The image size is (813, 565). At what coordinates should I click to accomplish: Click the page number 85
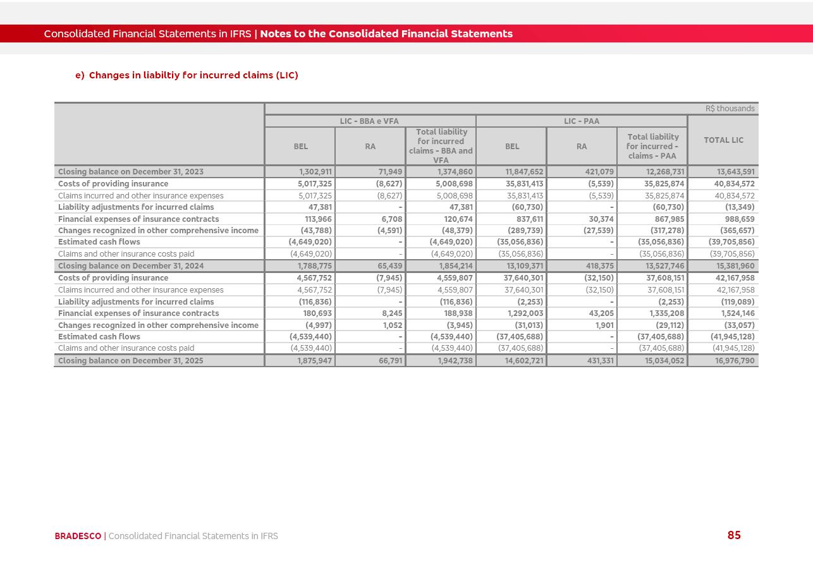point(733,535)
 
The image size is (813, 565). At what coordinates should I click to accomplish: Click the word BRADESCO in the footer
point(78,536)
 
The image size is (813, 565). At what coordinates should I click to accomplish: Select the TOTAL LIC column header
point(723,140)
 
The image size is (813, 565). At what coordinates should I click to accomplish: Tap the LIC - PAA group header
point(581,121)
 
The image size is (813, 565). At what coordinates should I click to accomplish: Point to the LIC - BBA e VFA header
point(369,121)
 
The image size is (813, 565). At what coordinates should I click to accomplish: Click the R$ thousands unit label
point(730,109)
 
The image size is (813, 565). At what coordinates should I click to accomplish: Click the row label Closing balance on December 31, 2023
point(131,172)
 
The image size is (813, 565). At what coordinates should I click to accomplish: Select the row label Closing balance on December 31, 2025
point(131,361)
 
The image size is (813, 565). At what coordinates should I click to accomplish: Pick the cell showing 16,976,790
point(735,361)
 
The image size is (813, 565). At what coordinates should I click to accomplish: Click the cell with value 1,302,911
point(315,172)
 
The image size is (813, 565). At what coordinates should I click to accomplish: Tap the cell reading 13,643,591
point(735,172)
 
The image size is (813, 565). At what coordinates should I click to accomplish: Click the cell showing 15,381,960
point(735,266)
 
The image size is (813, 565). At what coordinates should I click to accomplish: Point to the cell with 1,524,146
point(737,313)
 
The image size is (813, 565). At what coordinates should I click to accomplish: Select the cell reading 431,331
point(597,361)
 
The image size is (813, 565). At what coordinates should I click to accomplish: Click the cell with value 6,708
point(392,219)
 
